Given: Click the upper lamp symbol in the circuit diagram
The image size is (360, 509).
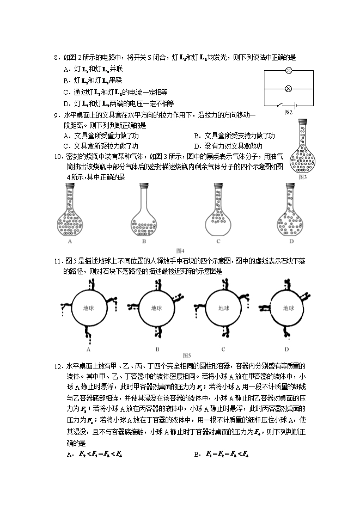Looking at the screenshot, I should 289,71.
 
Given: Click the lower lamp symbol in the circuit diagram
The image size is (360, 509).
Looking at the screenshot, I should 289,88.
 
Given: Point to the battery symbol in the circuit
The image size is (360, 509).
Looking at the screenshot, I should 295,105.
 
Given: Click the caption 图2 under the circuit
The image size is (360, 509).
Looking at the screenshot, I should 289,113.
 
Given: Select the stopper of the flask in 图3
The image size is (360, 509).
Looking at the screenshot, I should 303,122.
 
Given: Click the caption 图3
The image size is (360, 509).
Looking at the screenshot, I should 303,176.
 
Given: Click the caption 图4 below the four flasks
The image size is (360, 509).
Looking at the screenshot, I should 181,250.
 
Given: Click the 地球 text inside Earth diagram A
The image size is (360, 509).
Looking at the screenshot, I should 89,308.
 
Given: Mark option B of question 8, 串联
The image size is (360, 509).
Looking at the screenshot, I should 98,81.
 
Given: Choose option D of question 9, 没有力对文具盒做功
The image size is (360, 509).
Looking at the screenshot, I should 229,146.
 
